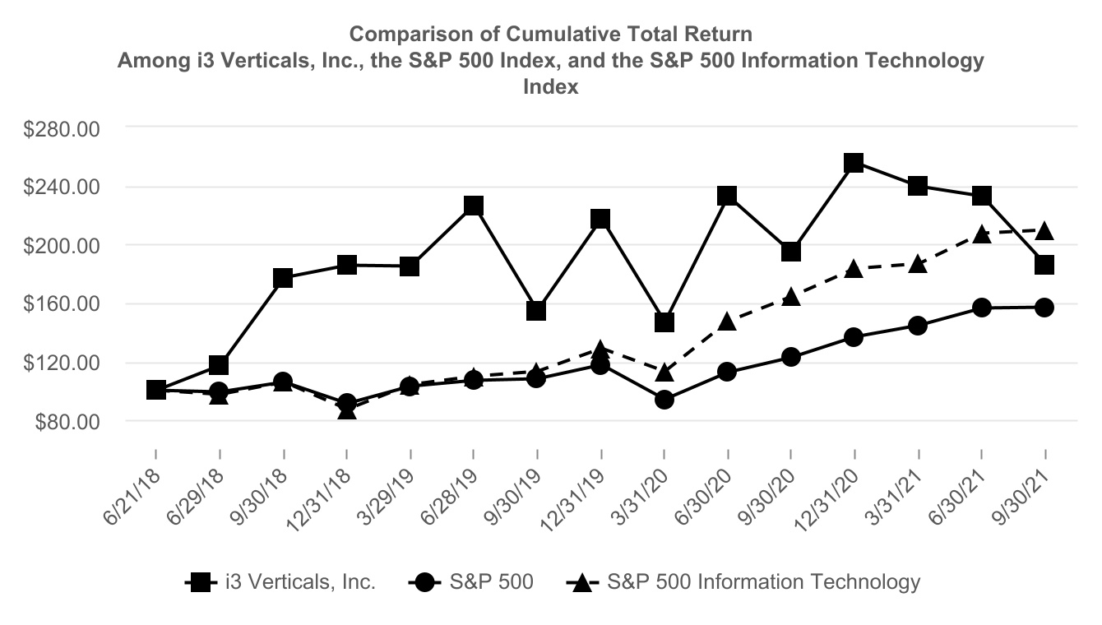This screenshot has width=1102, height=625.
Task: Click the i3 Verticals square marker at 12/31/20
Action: (854, 163)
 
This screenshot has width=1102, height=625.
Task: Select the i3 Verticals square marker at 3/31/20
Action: (664, 322)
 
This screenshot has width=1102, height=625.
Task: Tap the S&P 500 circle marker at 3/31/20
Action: (664, 400)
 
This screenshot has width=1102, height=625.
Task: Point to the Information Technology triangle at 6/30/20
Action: (727, 321)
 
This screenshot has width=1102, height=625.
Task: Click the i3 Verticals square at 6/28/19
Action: (473, 206)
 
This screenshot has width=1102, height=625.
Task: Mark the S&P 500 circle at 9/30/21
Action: (1044, 307)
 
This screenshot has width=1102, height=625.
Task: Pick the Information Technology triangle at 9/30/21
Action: (1044, 230)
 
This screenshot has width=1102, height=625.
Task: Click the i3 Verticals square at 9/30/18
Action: (283, 277)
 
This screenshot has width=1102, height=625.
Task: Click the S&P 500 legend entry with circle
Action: (470, 582)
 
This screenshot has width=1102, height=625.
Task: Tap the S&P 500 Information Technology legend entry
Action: (744, 582)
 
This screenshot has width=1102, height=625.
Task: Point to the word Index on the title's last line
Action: (551, 87)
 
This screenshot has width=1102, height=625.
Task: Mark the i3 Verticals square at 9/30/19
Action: (536, 310)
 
